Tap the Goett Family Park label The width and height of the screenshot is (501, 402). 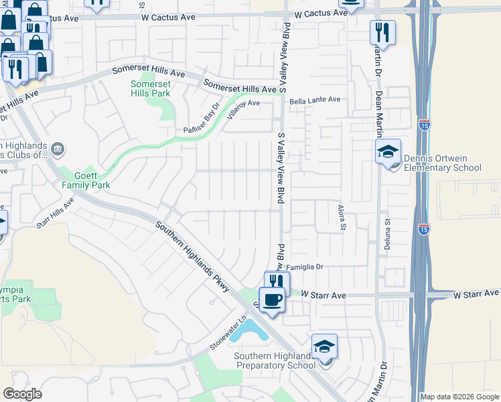pos(86,179)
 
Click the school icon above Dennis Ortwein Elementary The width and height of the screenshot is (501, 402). pos(388,151)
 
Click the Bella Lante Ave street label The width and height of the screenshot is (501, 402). pos(315,100)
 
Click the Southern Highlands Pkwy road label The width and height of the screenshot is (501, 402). pos(192,257)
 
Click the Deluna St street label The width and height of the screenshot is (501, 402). pos(387,234)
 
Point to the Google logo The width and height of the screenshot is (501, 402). pos(22,394)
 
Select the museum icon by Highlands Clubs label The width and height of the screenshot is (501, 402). pos(58,148)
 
